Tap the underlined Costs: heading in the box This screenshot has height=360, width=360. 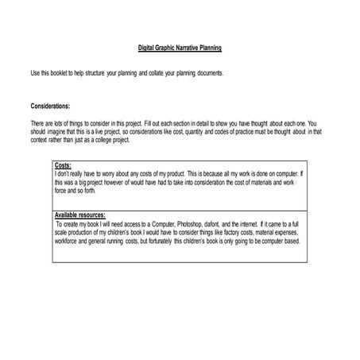63,165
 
